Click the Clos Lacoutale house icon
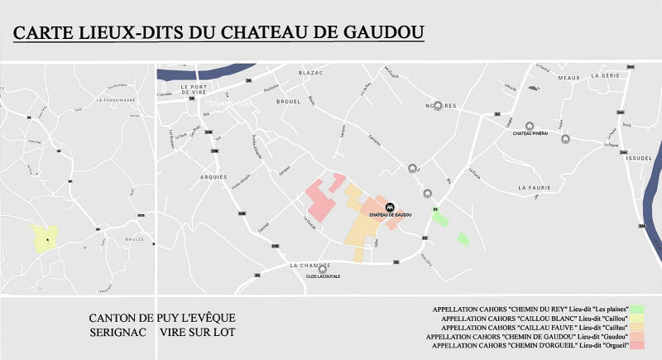323,269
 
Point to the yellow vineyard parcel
44,238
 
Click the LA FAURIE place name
534,188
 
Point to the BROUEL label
289,102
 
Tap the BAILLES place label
134,239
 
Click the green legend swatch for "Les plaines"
636,309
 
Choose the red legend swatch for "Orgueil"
636,344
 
